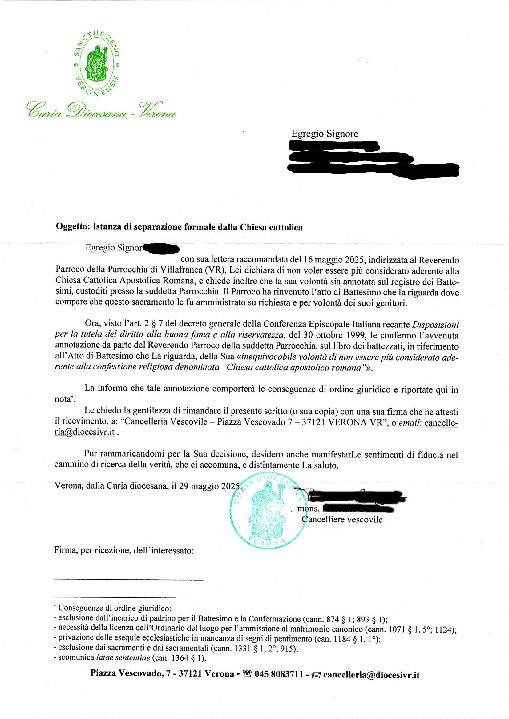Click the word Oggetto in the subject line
coord(73,227)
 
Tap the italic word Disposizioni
coord(435,325)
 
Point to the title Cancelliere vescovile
coord(342,520)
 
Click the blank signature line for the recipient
coord(128,580)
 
